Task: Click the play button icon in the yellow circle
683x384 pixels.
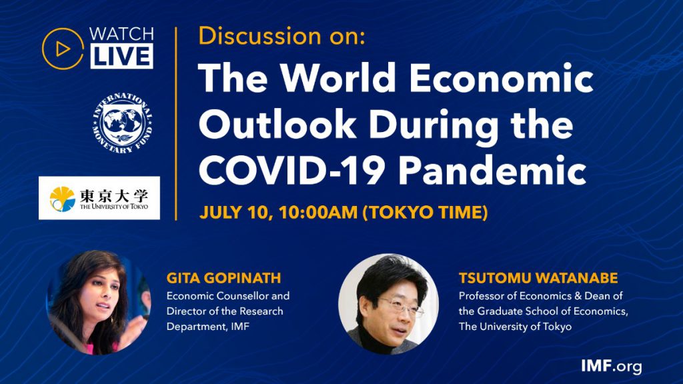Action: [x=63, y=49]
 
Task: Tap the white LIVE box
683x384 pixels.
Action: [x=122, y=56]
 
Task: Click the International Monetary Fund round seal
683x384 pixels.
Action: [x=123, y=123]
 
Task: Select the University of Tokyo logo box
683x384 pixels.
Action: [x=99, y=197]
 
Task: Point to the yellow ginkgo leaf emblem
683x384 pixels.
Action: [x=62, y=199]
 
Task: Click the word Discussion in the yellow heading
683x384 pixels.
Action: [x=259, y=36]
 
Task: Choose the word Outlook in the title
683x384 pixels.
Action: [x=277, y=124]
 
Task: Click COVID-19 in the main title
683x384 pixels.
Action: [x=291, y=170]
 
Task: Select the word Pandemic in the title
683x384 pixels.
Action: [x=493, y=170]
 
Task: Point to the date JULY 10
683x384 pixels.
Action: [x=235, y=213]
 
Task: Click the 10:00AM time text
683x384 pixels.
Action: [x=318, y=213]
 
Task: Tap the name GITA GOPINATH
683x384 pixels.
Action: [x=224, y=278]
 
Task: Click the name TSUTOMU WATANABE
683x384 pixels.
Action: [x=538, y=278]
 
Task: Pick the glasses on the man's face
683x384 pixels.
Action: [x=400, y=307]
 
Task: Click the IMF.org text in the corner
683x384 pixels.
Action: [x=611, y=366]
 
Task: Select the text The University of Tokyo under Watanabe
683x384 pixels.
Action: [x=515, y=327]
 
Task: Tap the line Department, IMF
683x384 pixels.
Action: [x=208, y=327]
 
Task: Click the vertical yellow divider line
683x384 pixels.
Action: [x=176, y=123]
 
